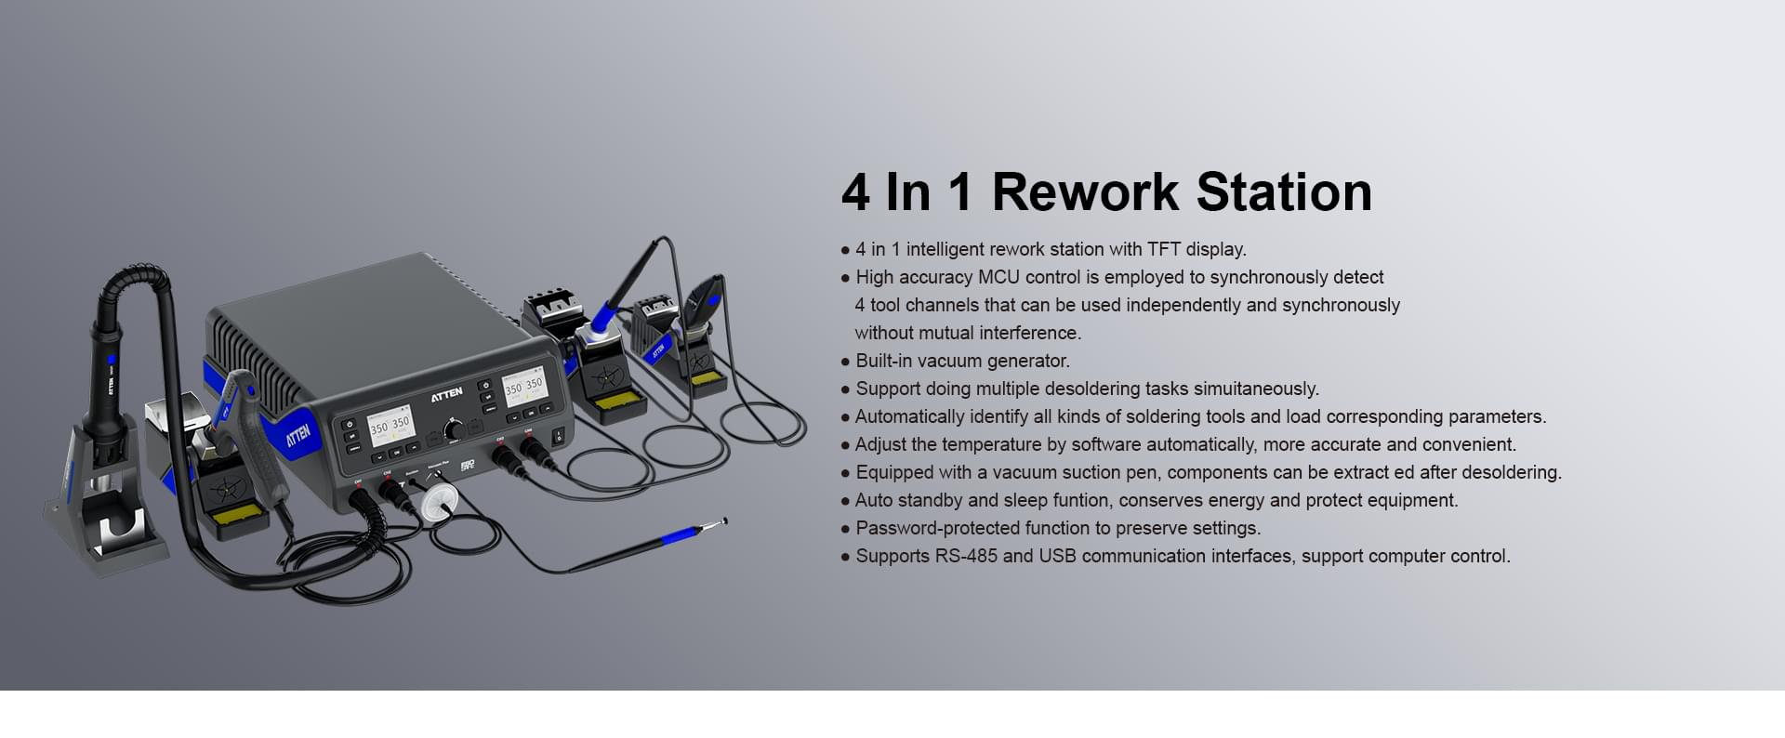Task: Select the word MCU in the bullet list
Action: pyautogui.click(x=998, y=277)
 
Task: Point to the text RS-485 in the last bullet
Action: pyautogui.click(x=966, y=556)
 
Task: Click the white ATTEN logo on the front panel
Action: pyautogui.click(x=446, y=394)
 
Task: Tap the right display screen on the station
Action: pyautogui.click(x=522, y=386)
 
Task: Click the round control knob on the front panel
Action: pyautogui.click(x=454, y=429)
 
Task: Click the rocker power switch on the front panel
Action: pyautogui.click(x=559, y=434)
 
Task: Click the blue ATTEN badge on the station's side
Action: pyautogui.click(x=297, y=433)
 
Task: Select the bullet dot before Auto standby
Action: pyautogui.click(x=845, y=501)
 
